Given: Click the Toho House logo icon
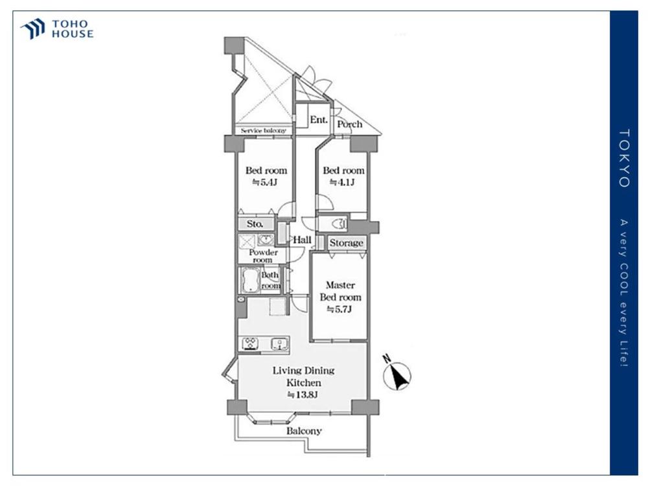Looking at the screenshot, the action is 33,29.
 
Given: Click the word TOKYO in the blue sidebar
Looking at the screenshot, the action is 624,158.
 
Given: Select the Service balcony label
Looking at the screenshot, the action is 263,130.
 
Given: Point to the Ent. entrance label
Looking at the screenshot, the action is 319,119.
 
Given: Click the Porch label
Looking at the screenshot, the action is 350,124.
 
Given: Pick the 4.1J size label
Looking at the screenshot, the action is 342,182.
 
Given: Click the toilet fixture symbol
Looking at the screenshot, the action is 340,224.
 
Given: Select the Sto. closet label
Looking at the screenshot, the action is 255,224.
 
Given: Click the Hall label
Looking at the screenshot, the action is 302,240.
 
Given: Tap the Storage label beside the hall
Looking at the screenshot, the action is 346,243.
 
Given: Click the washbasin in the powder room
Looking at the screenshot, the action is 265,240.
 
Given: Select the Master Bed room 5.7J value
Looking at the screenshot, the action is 340,309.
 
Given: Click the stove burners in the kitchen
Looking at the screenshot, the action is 250,344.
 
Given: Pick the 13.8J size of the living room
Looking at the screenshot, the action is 303,395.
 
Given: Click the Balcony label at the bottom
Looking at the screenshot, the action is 304,431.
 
